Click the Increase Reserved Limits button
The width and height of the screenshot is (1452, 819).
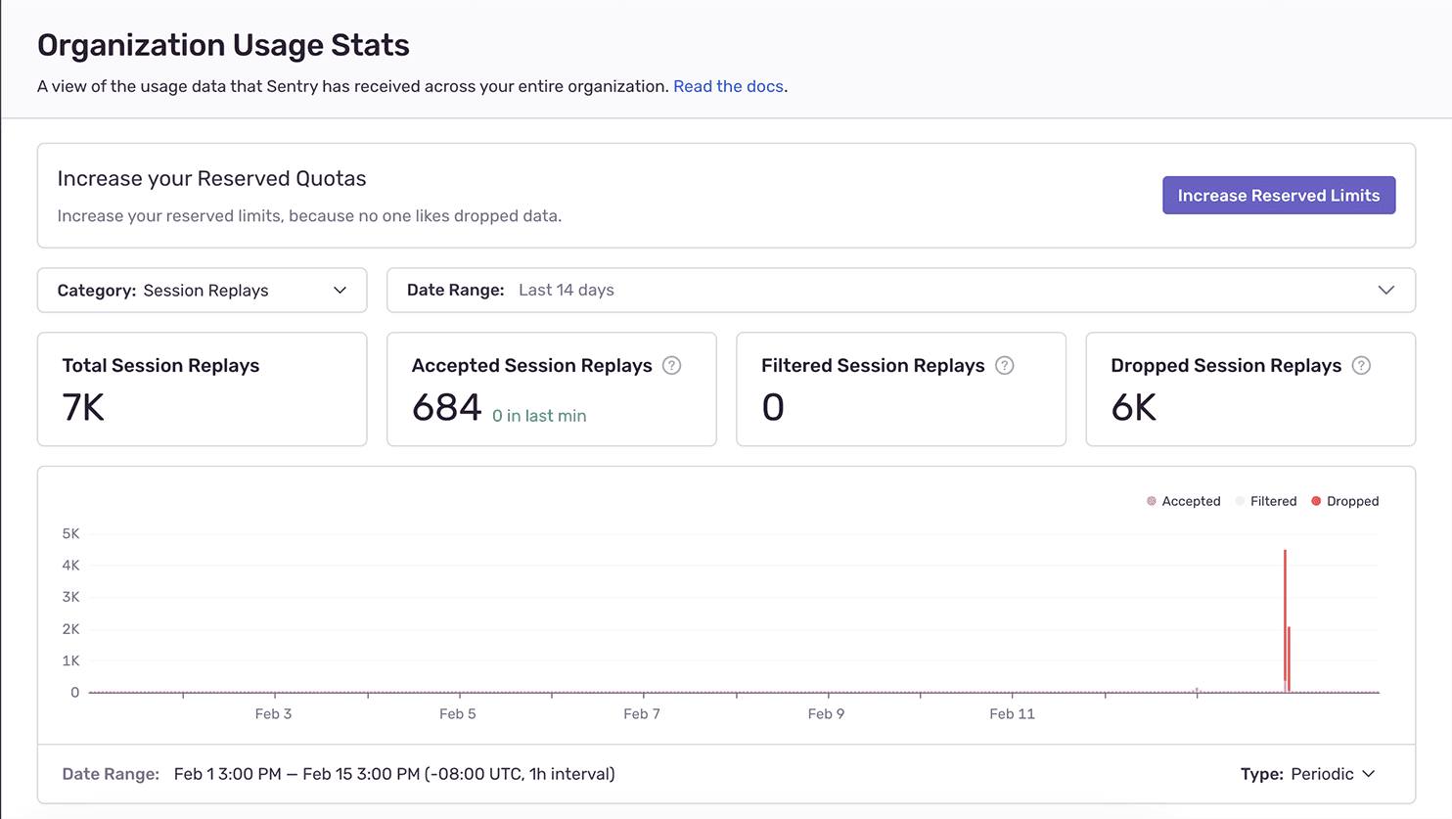tap(1278, 196)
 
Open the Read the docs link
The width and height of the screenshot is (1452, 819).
tap(728, 86)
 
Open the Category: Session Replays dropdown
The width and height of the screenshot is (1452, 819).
tap(202, 291)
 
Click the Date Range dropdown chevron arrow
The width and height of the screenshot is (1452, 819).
tap(1385, 291)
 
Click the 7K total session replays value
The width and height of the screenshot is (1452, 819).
tap(83, 408)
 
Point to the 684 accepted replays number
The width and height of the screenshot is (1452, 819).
tap(446, 408)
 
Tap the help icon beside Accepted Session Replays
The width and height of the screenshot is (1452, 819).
tap(671, 366)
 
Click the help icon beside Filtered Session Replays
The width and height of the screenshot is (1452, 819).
tap(1004, 366)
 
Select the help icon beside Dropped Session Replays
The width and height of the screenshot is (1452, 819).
tap(1360, 366)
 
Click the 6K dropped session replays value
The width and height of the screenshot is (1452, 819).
tap(1133, 408)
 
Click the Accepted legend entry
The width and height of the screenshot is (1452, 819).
tap(1184, 501)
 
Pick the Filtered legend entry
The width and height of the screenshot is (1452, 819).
tap(1266, 501)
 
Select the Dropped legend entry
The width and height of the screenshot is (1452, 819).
tap(1345, 501)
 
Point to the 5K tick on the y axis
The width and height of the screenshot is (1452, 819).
tap(70, 534)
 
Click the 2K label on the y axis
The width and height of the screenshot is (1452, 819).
tap(70, 629)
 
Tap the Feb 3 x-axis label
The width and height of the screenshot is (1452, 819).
tap(273, 714)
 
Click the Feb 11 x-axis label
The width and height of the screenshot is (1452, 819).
tap(1012, 714)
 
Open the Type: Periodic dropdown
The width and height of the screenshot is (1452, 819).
tap(1307, 774)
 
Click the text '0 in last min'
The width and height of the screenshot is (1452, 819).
tap(539, 416)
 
